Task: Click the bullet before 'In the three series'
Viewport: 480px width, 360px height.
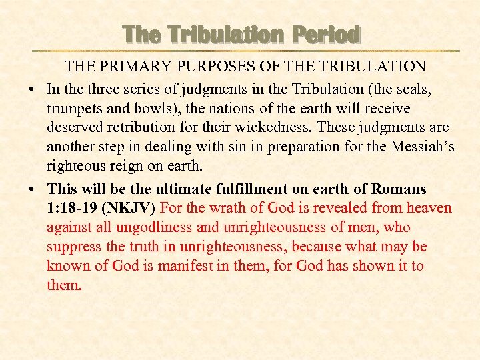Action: tap(33, 89)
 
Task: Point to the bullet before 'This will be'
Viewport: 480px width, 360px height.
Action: tap(33, 190)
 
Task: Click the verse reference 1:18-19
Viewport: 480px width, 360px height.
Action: tap(73, 209)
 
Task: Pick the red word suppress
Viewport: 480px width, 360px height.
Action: tap(74, 247)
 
